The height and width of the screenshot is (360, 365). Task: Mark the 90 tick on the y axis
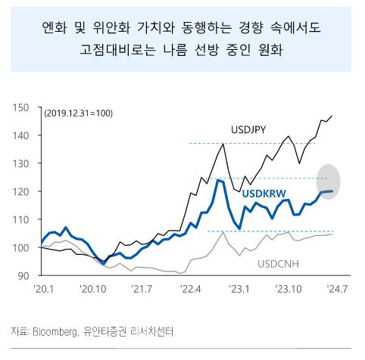tap(23, 275)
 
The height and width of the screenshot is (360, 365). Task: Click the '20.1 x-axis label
tap(41, 289)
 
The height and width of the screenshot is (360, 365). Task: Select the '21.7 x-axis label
tap(142, 289)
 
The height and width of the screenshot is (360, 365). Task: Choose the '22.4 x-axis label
tap(190, 289)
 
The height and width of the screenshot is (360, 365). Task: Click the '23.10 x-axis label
tap(289, 289)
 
